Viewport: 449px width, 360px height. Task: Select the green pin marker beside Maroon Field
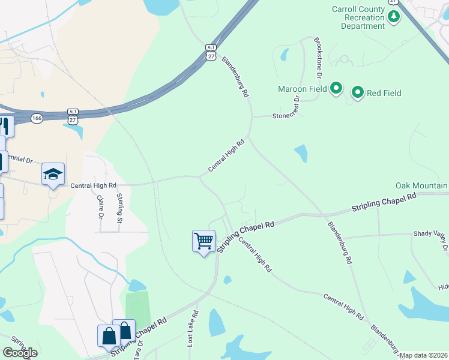pyautogui.click(x=336, y=89)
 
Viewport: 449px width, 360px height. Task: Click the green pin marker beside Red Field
pyautogui.click(x=358, y=92)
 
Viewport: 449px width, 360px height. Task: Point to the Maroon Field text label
pyautogui.click(x=302, y=89)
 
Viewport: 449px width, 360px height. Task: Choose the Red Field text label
pyautogui.click(x=384, y=93)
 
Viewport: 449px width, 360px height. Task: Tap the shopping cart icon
pyautogui.click(x=203, y=241)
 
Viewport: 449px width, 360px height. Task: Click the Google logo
pyautogui.click(x=20, y=353)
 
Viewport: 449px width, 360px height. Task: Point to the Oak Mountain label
pyautogui.click(x=421, y=186)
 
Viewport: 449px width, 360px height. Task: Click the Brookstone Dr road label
pyautogui.click(x=318, y=59)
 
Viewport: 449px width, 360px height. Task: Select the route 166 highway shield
pyautogui.click(x=37, y=119)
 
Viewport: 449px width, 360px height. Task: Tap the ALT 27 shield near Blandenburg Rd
pyautogui.click(x=210, y=52)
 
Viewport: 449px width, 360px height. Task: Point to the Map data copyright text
pyautogui.click(x=424, y=355)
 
